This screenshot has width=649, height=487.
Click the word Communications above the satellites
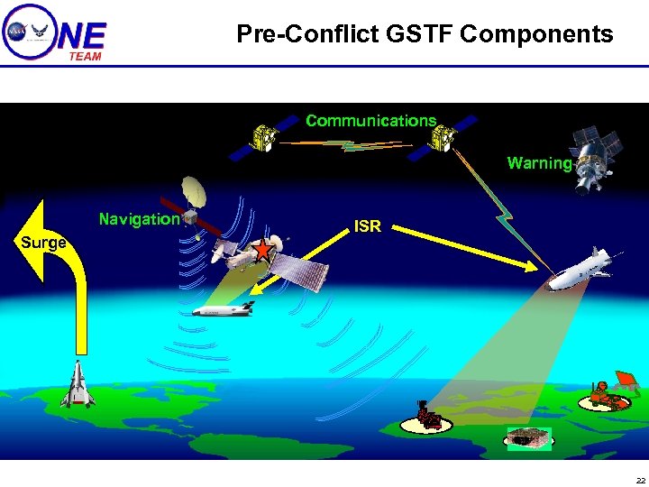(370, 121)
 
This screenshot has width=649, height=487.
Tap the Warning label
(539, 163)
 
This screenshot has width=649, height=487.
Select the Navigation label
(139, 219)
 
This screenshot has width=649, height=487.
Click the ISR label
(367, 226)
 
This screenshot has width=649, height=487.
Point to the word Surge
(43, 243)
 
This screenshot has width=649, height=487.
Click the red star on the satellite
(261, 251)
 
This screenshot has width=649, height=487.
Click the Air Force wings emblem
(40, 31)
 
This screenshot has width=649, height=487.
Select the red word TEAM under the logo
(86, 56)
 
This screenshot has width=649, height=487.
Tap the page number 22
(640, 479)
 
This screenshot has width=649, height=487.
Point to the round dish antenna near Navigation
(196, 191)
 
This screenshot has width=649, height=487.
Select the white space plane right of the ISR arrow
(584, 270)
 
